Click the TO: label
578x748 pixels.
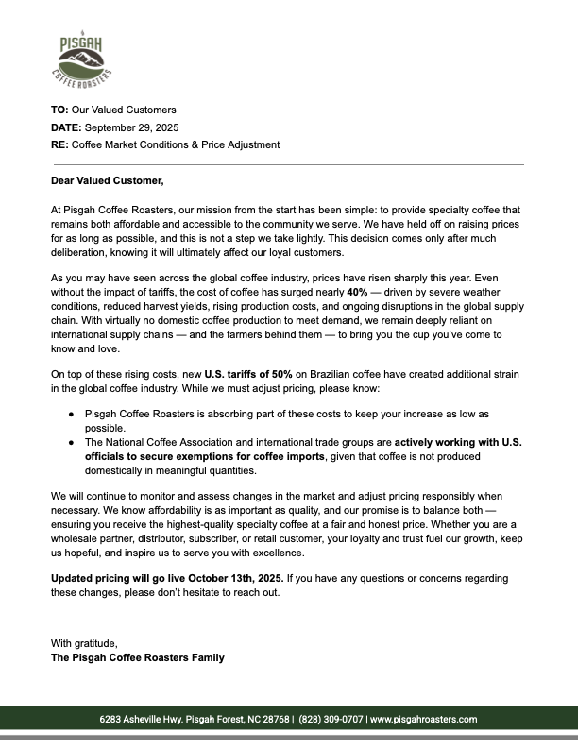59,110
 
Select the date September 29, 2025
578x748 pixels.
136,127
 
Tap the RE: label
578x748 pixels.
59,144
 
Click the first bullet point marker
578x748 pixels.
72,415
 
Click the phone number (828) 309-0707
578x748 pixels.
331,719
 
